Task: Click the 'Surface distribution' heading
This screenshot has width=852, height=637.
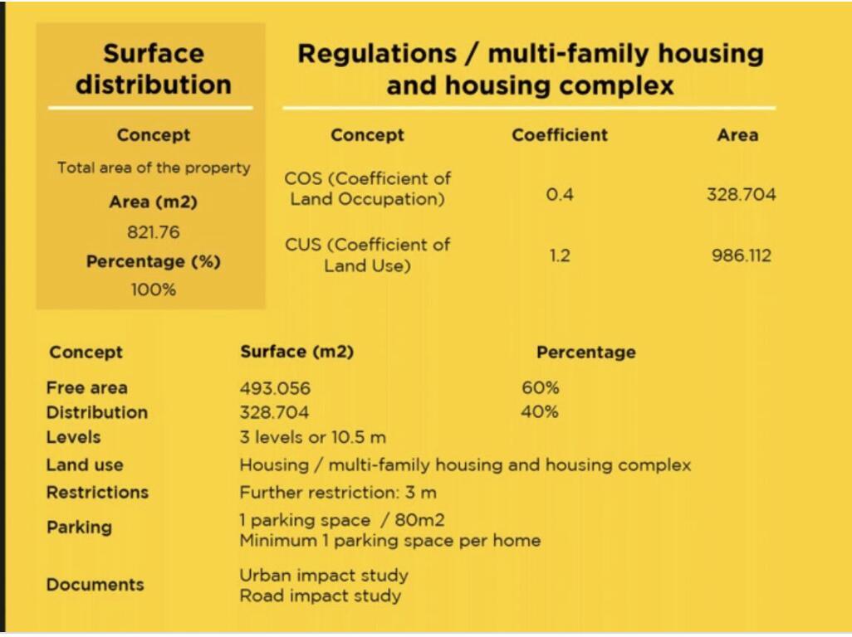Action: pos(154,69)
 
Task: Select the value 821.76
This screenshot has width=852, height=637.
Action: pos(154,232)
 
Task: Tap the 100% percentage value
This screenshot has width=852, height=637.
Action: pos(154,289)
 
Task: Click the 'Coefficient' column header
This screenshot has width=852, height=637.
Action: pos(560,134)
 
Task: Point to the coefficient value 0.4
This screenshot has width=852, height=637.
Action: pos(560,194)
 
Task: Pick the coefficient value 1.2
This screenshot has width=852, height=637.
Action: pos(560,255)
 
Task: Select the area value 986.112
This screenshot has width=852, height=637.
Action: pos(742,255)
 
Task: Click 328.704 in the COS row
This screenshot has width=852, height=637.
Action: pos(742,194)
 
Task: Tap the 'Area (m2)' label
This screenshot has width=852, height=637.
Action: pos(154,202)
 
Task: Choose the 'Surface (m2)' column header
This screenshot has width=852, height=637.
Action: pos(297,352)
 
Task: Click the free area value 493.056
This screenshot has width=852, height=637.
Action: pos(275,388)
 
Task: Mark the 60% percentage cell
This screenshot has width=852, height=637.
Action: pos(540,387)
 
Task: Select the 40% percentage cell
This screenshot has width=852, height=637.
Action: pos(540,412)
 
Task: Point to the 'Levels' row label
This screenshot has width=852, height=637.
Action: pos(73,437)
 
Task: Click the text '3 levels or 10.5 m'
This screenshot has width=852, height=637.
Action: pos(313,437)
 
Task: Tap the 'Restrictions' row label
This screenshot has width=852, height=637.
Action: pos(97,492)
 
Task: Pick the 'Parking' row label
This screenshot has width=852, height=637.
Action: pos(80,527)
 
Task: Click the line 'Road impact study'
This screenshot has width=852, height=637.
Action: pos(321,596)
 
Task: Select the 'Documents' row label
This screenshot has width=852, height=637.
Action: pos(95,585)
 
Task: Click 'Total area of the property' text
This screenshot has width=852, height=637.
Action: pos(154,168)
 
